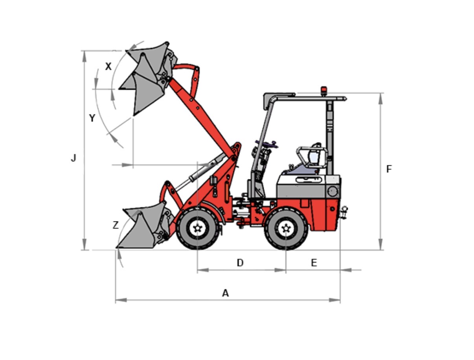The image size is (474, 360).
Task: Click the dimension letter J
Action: tap(73, 158)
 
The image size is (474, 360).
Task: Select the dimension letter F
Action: tap(389, 169)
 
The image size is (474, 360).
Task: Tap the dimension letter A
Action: tap(226, 293)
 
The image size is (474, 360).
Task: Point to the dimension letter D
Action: tap(240, 263)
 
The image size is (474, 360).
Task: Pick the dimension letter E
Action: tap(314, 263)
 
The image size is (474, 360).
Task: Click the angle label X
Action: tap(108, 66)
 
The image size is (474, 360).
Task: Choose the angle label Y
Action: tap(92, 118)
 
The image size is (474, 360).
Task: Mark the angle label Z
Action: tap(116, 225)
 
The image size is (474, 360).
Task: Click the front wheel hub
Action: tap(197, 228)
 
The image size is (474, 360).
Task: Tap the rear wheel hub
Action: tap(286, 228)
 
